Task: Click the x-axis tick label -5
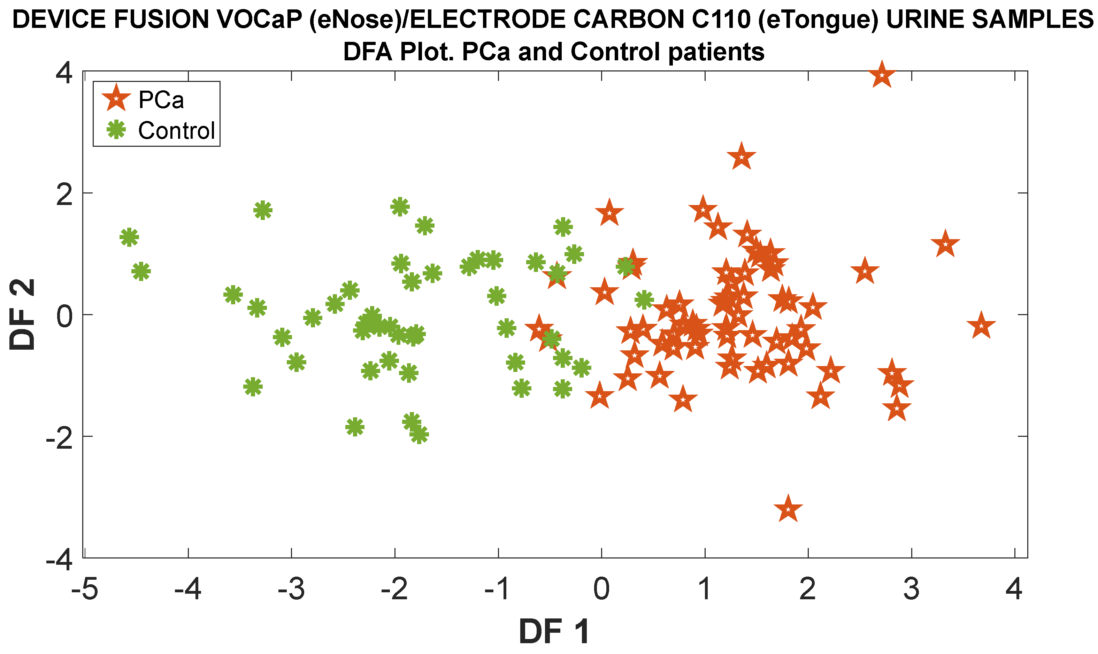pos(85,589)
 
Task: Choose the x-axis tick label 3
pos(911,589)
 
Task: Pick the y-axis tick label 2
pos(64,194)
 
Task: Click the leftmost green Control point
pos(129,237)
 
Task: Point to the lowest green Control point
pos(419,434)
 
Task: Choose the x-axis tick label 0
pos(601,589)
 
